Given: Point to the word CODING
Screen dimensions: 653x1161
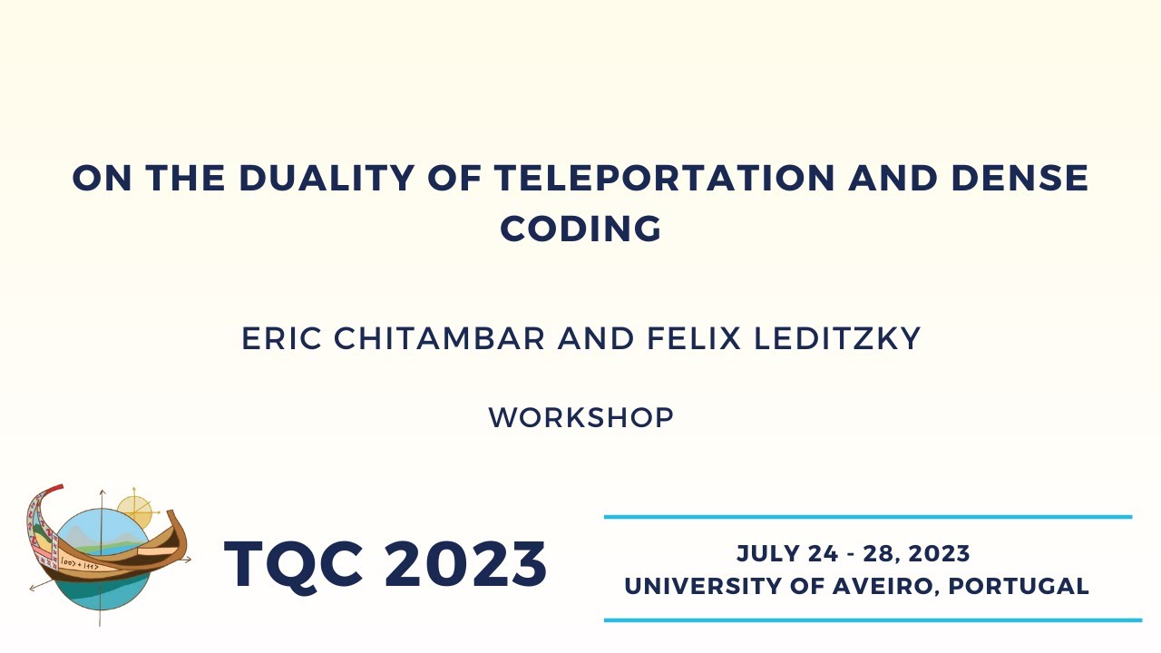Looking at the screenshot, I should pos(580,229).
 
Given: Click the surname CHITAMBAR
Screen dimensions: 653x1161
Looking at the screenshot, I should pos(441,339).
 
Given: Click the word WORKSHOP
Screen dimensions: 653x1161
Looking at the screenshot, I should pos(580,418).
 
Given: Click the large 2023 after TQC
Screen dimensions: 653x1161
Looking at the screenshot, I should pos(466,564).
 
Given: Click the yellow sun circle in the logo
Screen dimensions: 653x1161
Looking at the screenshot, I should pos(135,512).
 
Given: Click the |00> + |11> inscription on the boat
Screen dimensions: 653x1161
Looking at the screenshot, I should pos(80,564).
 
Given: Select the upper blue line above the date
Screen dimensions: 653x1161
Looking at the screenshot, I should pos(868,517).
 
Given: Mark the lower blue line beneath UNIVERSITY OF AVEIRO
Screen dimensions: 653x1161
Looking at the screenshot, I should pos(873,620).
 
